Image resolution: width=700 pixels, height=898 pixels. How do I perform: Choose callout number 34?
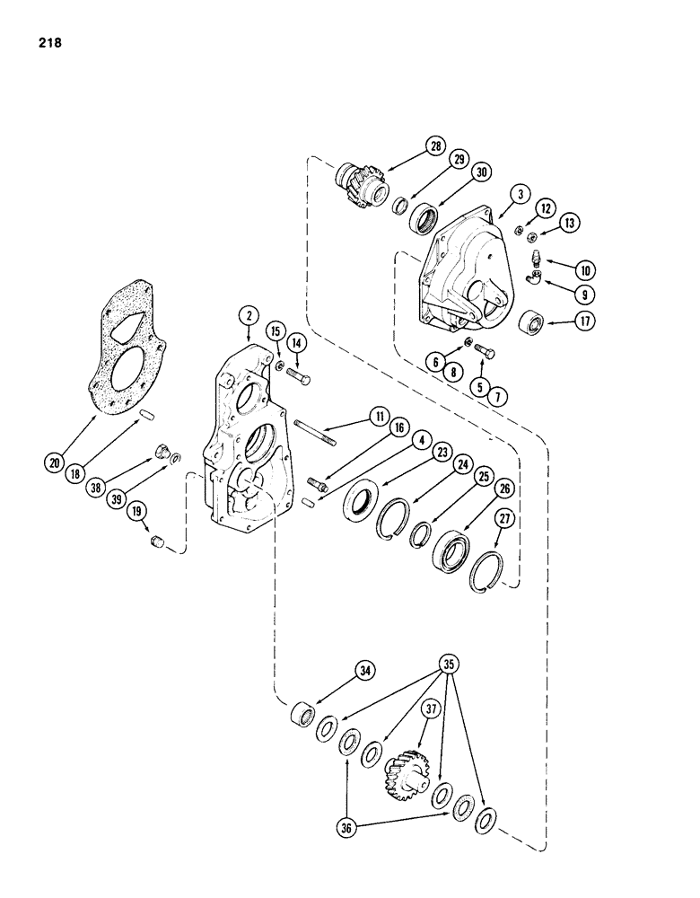(x=314, y=669)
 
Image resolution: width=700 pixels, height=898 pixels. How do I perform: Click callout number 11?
(x=379, y=417)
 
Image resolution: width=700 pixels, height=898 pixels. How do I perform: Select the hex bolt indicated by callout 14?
(x=302, y=375)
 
